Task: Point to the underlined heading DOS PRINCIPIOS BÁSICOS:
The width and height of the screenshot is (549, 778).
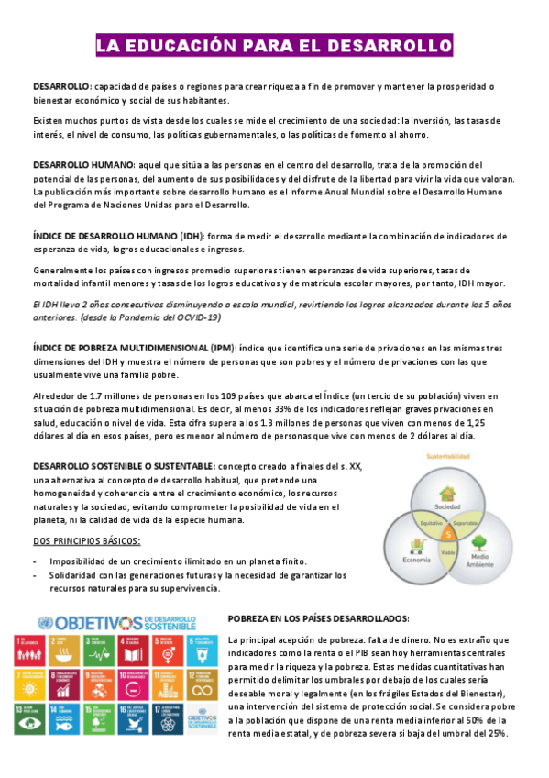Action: point(87,540)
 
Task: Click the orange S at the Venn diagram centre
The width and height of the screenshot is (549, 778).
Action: point(447,534)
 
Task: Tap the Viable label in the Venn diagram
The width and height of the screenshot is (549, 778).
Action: point(448,551)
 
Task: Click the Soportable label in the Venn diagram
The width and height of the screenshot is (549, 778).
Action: point(465,521)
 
